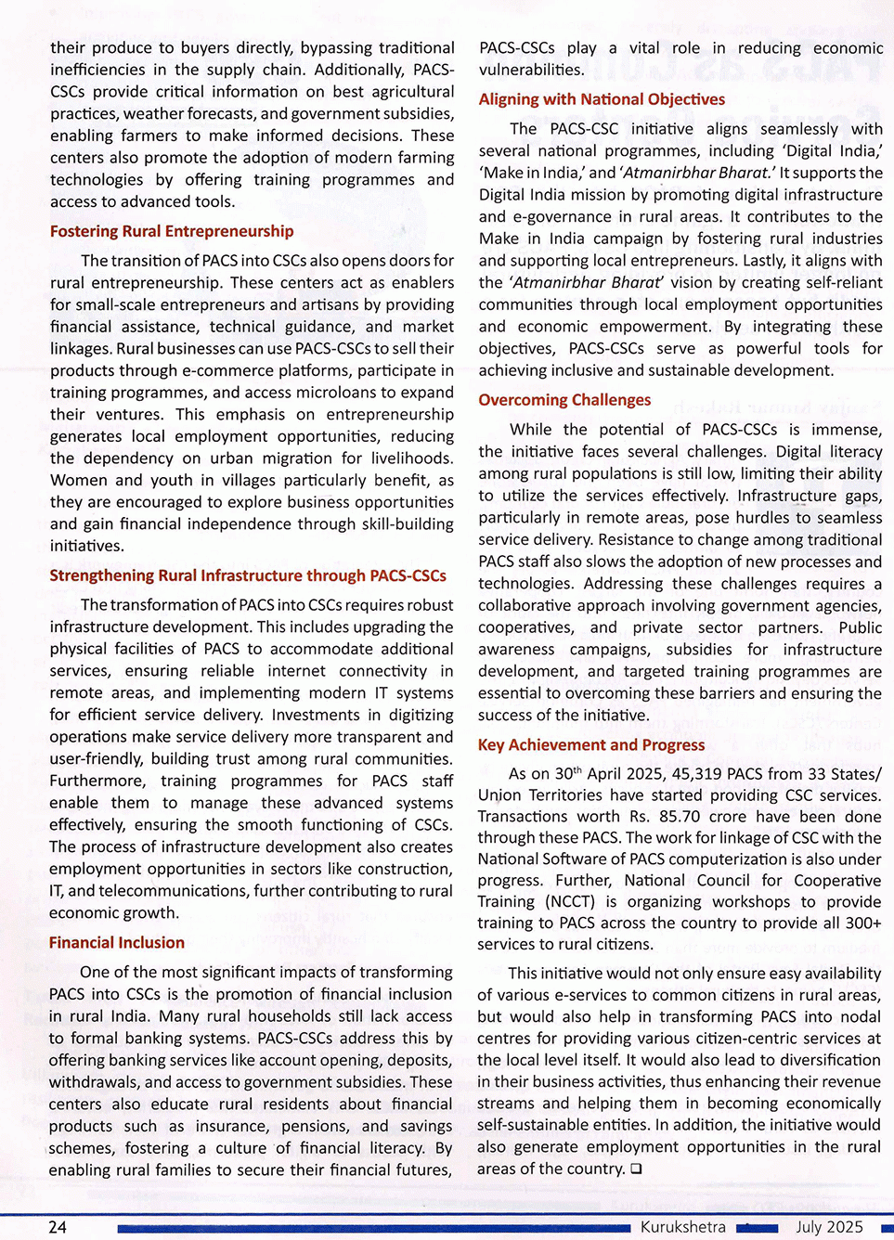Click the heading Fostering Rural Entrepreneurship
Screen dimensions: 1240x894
click(172, 231)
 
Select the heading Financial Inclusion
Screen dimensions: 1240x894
click(117, 942)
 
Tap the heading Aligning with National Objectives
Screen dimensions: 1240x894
click(602, 99)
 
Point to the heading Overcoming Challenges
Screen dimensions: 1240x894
click(564, 400)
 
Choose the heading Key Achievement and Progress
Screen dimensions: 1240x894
click(591, 744)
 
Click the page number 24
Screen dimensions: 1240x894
click(58, 1227)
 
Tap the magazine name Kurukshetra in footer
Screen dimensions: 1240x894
click(683, 1227)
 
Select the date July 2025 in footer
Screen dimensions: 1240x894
click(829, 1227)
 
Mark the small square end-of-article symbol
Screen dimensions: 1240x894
click(636, 1169)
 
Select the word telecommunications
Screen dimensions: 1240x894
click(170, 891)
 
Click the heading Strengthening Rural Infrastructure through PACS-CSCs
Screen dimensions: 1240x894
click(248, 575)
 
